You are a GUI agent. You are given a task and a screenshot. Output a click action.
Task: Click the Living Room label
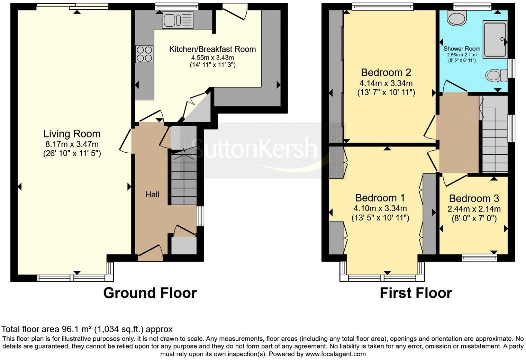tap(72, 134)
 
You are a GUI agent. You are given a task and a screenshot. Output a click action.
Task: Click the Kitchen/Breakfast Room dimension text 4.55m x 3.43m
tap(212, 57)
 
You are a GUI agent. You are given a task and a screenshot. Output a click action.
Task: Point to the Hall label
tap(152, 195)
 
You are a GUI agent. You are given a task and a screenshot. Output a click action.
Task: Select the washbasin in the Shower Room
tap(456, 17)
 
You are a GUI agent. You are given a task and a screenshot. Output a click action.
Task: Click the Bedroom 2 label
tap(386, 72)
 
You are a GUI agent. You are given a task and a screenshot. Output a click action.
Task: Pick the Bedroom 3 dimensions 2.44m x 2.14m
tap(474, 209)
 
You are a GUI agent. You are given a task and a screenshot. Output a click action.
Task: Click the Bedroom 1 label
tap(380, 198)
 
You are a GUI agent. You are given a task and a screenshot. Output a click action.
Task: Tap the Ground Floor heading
tap(150, 293)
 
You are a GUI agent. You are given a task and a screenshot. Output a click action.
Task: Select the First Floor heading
tap(416, 293)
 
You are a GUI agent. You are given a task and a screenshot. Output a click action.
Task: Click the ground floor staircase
tap(183, 180)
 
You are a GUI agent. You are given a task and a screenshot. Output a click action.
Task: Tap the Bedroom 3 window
tap(480, 257)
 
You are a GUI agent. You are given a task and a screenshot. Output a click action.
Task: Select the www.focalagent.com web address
tap(335, 354)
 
